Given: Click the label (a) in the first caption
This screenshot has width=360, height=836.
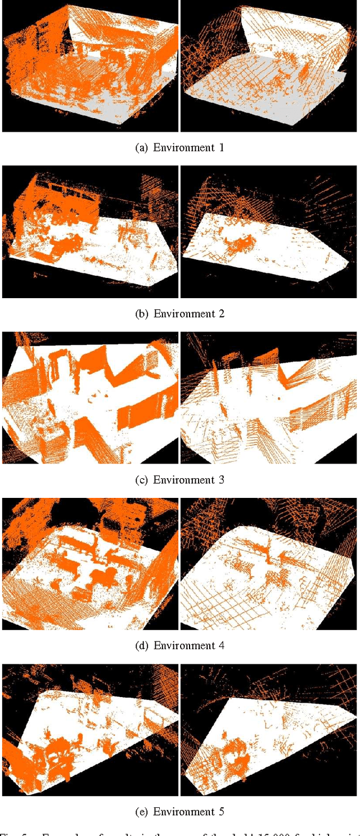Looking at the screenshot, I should click(142, 148).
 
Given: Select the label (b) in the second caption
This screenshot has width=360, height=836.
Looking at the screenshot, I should click(142, 314).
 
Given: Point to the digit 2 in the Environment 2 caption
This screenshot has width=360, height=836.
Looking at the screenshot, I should click(222, 314).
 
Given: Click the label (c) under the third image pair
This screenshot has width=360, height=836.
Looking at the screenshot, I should click(142, 480).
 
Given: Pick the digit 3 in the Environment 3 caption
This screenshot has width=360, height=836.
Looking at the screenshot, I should click(222, 480).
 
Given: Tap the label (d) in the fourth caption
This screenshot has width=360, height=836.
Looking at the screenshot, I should click(142, 646).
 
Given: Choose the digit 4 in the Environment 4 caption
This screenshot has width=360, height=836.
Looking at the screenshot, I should click(222, 646).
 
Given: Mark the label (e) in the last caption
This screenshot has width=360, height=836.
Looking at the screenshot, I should click(142, 812).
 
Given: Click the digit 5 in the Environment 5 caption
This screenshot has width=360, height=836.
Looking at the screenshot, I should click(222, 812).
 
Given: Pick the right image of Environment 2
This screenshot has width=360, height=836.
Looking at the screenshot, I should click(268, 231).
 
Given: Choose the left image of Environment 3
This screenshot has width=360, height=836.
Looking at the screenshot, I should click(90, 397).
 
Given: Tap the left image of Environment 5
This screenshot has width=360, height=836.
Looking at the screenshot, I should click(90, 730).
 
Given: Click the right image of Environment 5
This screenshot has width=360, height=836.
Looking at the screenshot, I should click(268, 730).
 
